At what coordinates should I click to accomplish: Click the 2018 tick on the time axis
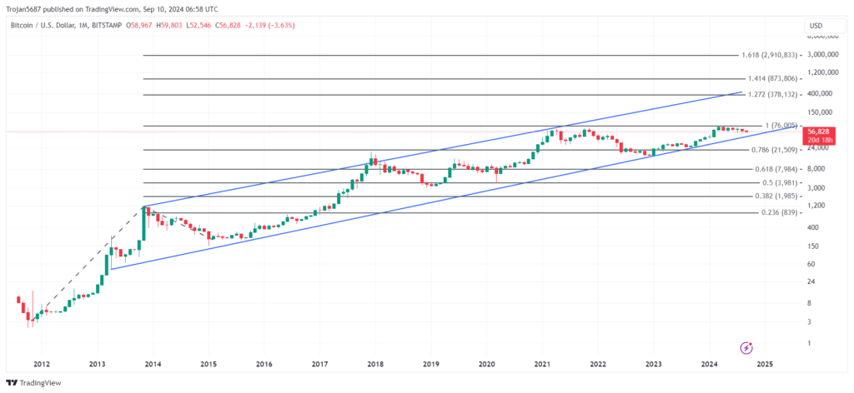tap(375, 364)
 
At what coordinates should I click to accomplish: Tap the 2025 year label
tap(765, 364)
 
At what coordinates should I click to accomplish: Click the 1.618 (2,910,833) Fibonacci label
tap(770, 55)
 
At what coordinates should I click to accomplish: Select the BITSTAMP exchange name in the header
tap(105, 25)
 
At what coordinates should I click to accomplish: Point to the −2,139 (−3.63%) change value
tap(269, 25)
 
